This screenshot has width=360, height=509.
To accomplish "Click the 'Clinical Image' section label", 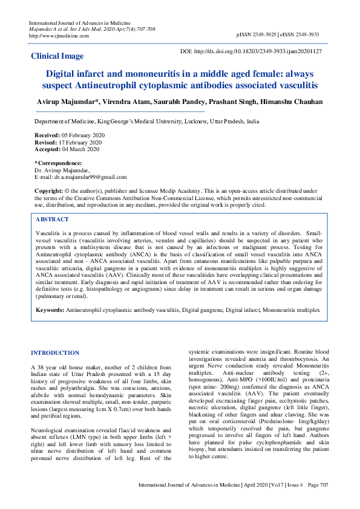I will pyautogui.click(x=57, y=56).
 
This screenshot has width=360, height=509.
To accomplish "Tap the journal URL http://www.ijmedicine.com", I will pyautogui.click(x=59, y=36).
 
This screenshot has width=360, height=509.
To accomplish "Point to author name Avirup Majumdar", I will pyautogui.click(x=66, y=102).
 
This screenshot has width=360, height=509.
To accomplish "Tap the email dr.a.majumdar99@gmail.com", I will pyautogui.click(x=90, y=177).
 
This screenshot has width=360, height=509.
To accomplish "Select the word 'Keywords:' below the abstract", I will pyautogui.click(x=50, y=310).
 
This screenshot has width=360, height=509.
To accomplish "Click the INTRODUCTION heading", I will pyautogui.click(x=55, y=352).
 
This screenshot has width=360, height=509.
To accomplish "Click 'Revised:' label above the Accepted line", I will pyautogui.click(x=47, y=142).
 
